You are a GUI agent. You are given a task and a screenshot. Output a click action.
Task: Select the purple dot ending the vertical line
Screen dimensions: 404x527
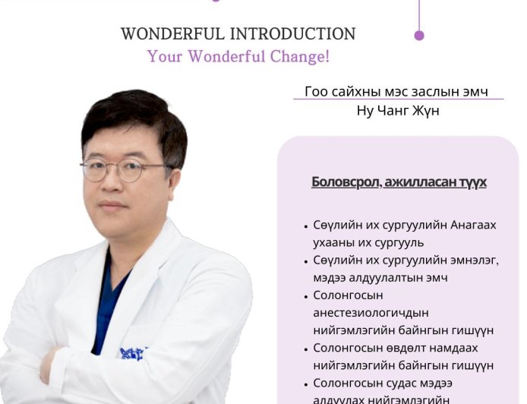click(x=419, y=35)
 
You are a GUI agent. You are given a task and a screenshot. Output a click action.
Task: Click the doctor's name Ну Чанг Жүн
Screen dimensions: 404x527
click(x=398, y=111)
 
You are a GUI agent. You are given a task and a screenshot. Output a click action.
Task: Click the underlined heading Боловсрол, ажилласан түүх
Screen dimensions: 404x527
click(x=399, y=182)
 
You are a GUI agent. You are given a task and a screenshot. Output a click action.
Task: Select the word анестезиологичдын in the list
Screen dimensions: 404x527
click(x=371, y=312)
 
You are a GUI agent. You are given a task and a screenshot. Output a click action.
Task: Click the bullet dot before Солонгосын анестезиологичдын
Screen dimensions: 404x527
click(x=305, y=295)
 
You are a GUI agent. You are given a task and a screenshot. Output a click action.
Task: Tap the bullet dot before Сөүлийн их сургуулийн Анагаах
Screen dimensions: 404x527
click(x=305, y=226)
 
